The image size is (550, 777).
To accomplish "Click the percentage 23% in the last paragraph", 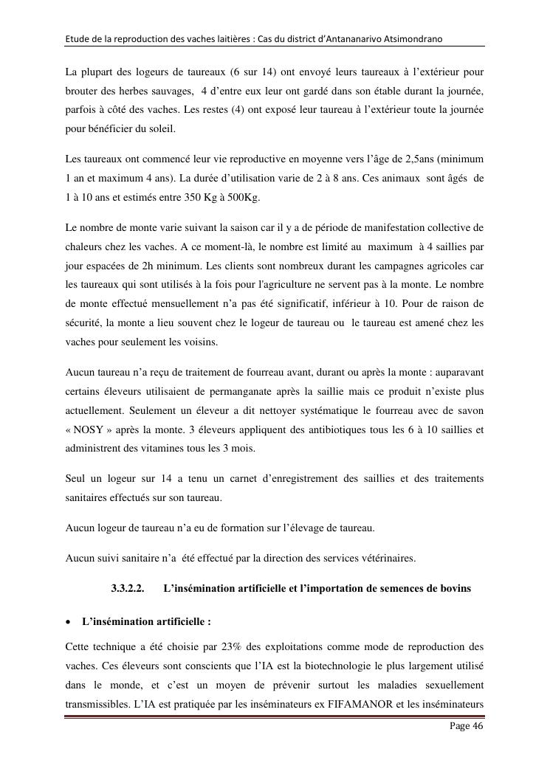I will pos(230,646).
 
